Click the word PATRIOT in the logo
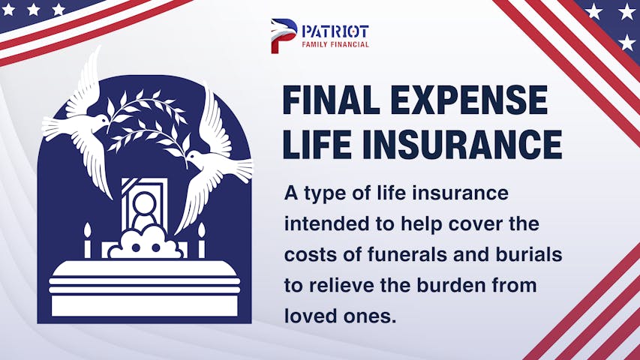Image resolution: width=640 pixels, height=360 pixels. click(x=335, y=31)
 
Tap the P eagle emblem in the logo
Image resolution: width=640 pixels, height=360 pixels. click(x=284, y=36)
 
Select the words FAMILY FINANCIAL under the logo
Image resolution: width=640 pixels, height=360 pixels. click(x=335, y=44)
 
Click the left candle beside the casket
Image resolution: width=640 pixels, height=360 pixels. click(x=87, y=241)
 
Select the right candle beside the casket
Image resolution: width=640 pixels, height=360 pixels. click(x=201, y=241)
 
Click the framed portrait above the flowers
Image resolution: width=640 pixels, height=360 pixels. click(x=145, y=203)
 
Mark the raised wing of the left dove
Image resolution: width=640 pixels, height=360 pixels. click(x=86, y=82)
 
